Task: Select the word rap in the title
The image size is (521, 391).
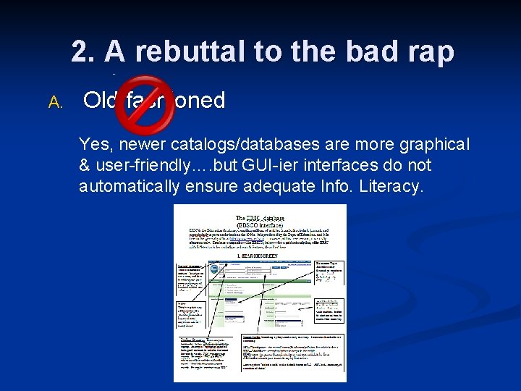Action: pos(428,51)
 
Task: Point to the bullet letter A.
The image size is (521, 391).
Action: pos(56,102)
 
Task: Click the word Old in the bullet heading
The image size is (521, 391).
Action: pos(101,101)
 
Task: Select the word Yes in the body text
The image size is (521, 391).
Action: pos(94,144)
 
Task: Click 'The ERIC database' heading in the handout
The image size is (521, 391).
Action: pos(260,217)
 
